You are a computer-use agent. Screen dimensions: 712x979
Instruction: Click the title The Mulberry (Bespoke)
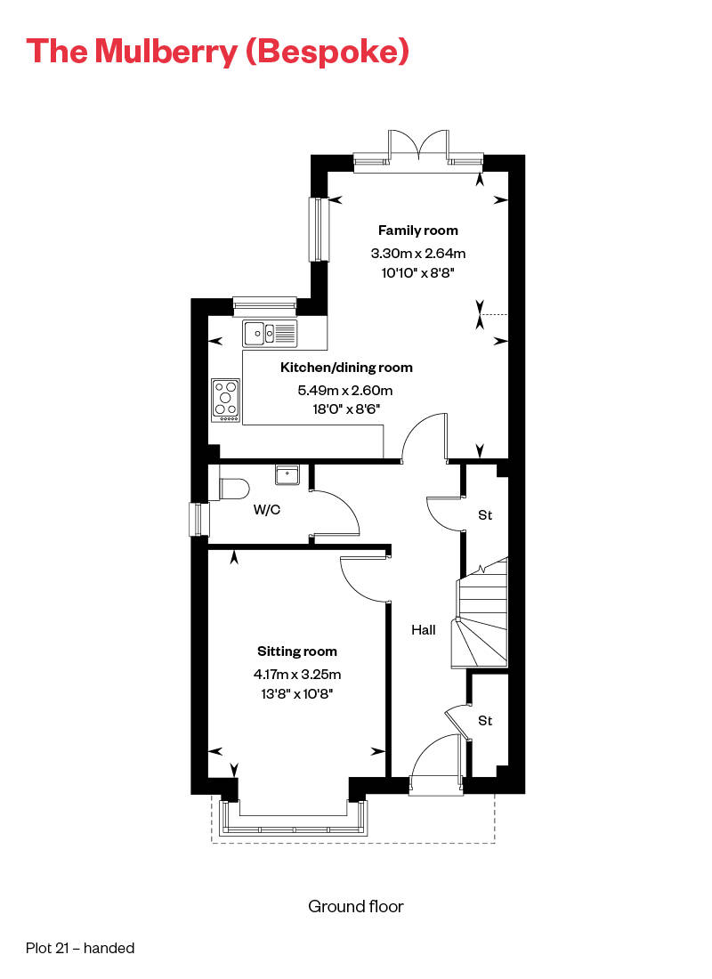click(218, 51)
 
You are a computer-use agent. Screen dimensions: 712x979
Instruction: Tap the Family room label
click(418, 231)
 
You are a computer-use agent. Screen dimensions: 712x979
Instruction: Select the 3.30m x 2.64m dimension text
click(418, 254)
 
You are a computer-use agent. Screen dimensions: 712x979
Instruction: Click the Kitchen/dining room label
click(346, 367)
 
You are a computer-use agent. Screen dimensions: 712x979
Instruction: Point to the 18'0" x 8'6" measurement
click(345, 409)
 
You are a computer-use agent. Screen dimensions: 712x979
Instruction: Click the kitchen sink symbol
click(269, 334)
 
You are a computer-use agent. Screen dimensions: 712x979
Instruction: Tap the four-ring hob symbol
click(226, 400)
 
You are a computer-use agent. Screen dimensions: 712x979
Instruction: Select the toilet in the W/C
click(233, 489)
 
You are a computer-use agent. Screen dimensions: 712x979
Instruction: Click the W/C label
click(267, 510)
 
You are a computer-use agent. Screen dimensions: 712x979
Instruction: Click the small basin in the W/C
click(287, 474)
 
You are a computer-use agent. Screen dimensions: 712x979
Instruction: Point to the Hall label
click(424, 630)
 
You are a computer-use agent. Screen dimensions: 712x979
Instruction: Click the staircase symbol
click(481, 614)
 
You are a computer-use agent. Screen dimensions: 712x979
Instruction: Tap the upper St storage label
click(485, 515)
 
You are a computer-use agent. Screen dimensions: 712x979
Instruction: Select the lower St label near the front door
click(485, 721)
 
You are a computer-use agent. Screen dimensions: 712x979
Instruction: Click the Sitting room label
click(297, 651)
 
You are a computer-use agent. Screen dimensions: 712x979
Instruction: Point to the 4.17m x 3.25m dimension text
click(297, 674)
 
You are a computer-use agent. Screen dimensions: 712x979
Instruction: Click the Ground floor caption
click(355, 907)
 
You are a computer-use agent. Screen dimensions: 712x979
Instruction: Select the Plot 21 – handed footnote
click(80, 949)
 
